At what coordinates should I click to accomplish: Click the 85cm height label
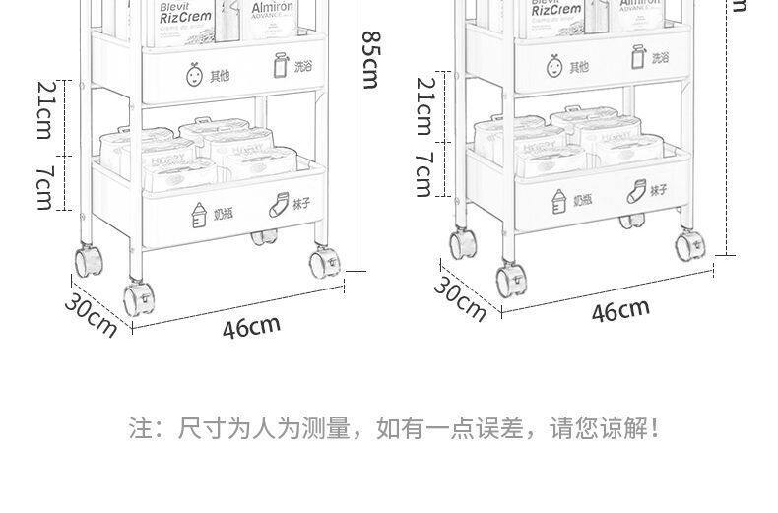coord(369,59)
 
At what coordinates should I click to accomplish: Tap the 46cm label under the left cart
coord(251,327)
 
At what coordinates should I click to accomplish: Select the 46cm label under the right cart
coord(620,311)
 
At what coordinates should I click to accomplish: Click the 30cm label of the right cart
coord(461,298)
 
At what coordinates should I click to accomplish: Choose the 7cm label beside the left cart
coord(45,185)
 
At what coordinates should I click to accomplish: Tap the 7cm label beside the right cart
coord(424,173)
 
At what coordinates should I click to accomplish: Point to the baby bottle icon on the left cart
coord(197,213)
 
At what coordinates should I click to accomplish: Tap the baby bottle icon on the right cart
coord(559,199)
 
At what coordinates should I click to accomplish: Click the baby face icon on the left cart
coord(193,74)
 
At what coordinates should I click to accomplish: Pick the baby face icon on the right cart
coord(554,66)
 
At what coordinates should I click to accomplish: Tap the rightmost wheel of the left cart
coord(321,262)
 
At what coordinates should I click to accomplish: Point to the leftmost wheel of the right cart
coord(460,244)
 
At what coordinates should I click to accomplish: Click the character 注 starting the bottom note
coord(140,429)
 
